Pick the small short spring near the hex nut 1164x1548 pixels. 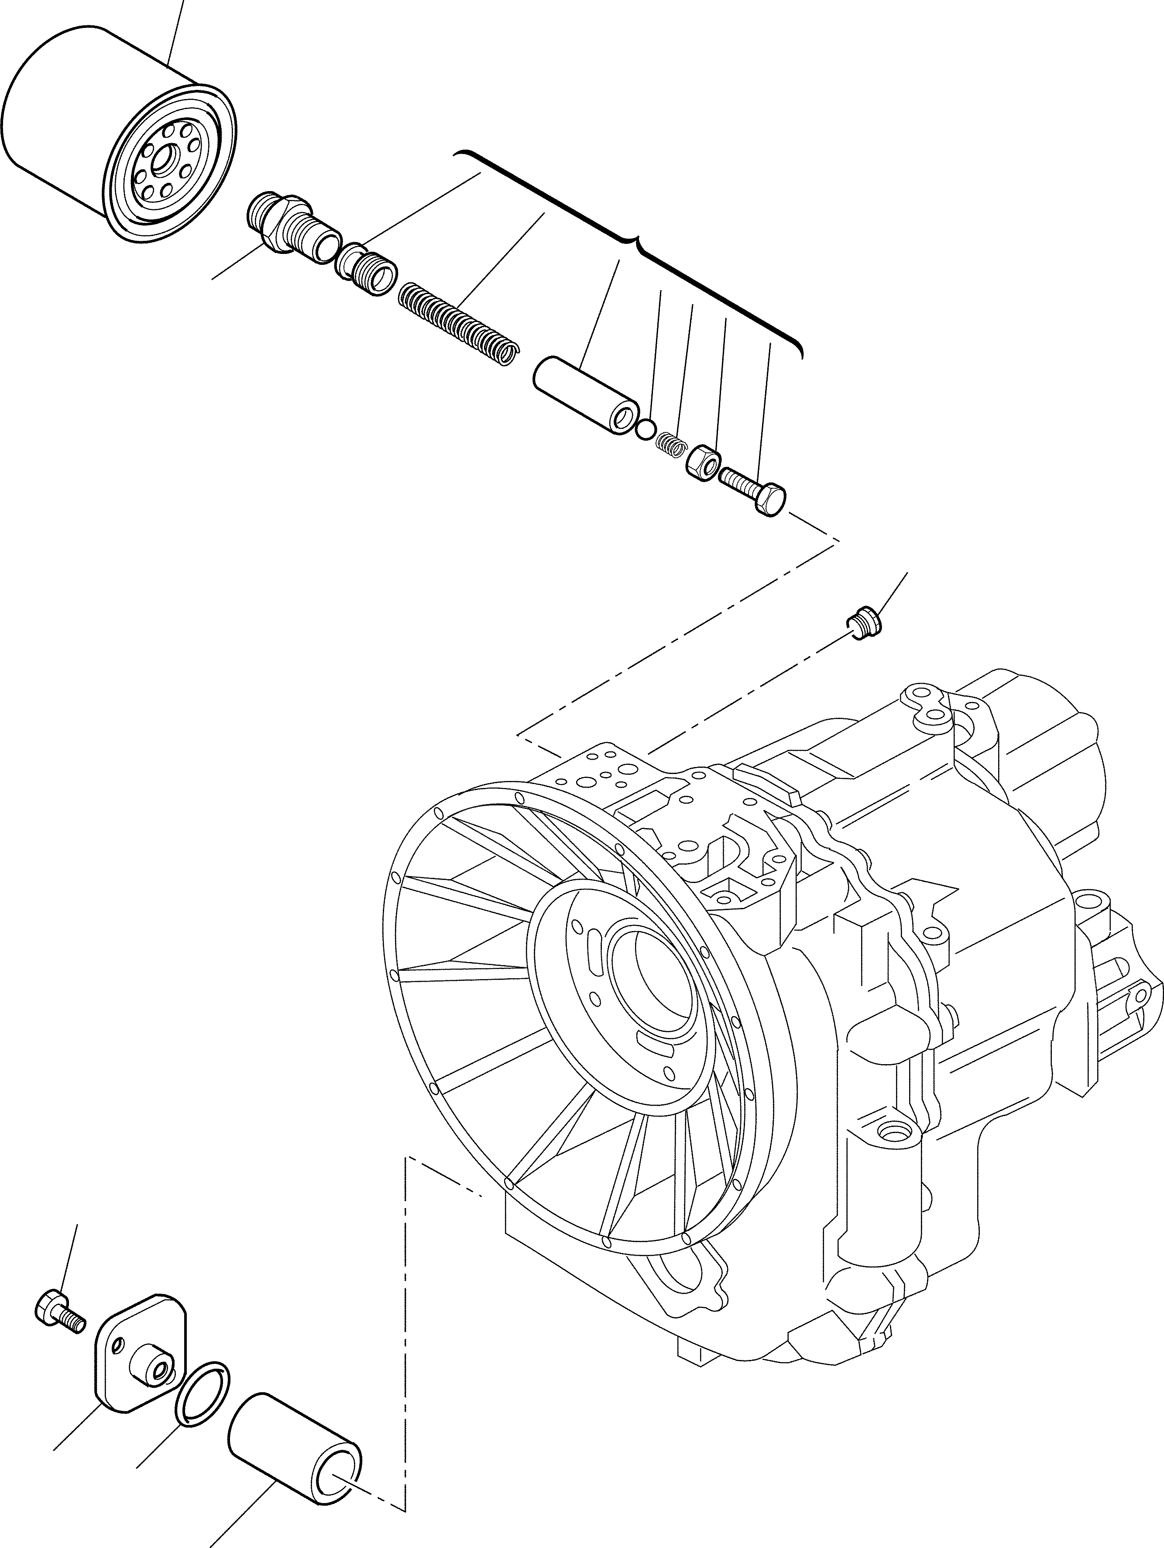[x=670, y=444]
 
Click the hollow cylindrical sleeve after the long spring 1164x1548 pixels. [x=587, y=395]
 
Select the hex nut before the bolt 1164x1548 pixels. [x=703, y=462]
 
